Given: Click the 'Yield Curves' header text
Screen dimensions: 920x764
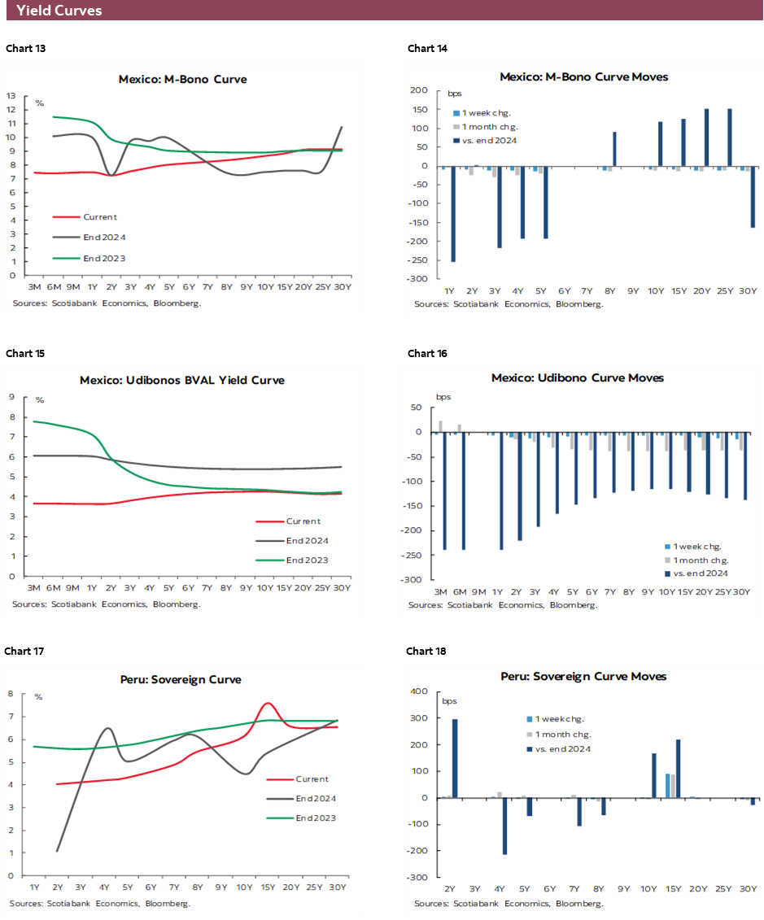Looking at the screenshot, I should coord(59,11).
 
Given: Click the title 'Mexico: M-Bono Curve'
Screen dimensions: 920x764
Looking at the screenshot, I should coord(182,79).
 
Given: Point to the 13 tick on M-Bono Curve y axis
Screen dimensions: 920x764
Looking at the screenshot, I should coord(11,96).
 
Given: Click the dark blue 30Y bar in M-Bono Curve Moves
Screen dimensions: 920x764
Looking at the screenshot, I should coord(753,197).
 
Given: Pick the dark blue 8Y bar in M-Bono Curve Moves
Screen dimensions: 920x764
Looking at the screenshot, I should coord(614,149).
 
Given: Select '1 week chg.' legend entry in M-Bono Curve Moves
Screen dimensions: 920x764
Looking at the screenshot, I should coord(487,113).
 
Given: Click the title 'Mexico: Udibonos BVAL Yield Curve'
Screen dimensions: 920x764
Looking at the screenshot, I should coord(182,380).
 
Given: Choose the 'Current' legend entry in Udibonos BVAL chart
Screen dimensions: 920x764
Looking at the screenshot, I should coord(303,521).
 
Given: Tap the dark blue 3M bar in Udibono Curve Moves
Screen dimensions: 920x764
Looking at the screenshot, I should coord(444,491).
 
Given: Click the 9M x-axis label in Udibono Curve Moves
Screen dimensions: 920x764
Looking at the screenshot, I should coord(478,592).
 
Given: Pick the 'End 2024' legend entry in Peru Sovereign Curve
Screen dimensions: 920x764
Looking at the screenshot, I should coord(315,799).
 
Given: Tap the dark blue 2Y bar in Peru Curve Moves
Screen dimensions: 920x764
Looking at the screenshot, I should coord(455,758).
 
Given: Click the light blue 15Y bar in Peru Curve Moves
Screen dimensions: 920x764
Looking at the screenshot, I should coord(668,786).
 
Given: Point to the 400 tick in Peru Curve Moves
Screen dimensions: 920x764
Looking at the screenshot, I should coord(419,692).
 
